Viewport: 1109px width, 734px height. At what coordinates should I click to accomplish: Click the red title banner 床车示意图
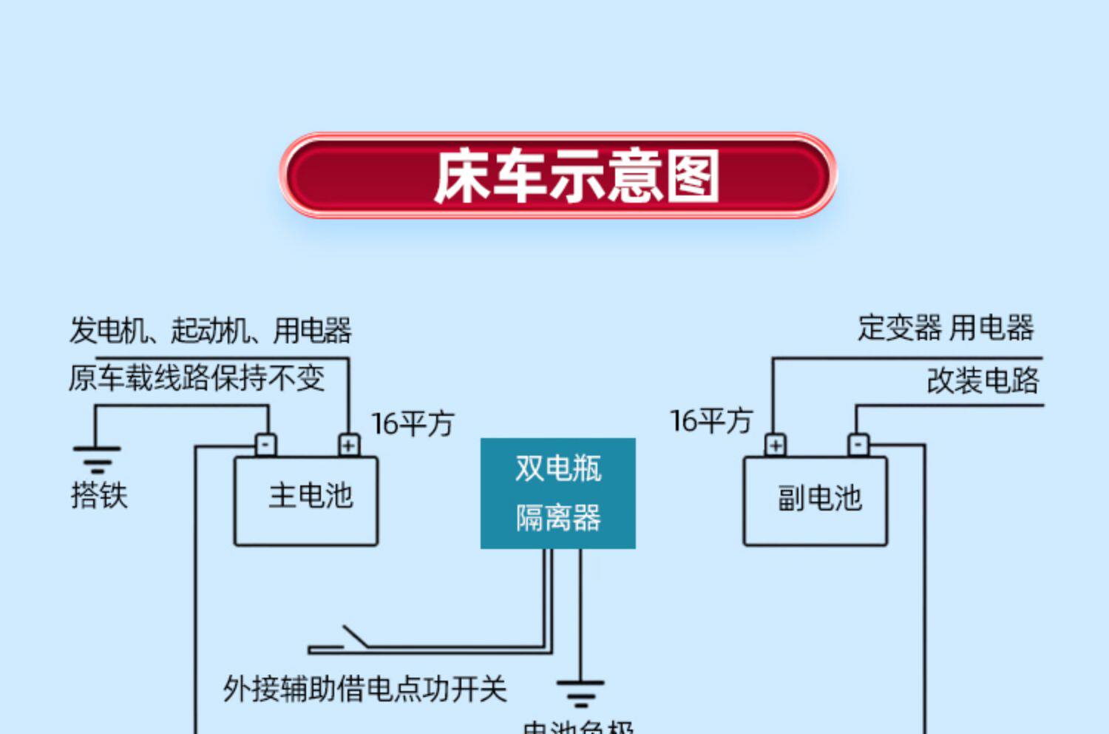[x=558, y=176]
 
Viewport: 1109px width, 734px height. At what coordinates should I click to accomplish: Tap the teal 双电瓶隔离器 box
[x=558, y=494]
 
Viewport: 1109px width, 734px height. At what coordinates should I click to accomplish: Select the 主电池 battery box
[x=306, y=501]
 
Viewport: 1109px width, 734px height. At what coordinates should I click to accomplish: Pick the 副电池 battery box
[x=815, y=501]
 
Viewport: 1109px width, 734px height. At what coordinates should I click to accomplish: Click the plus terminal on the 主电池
[x=348, y=445]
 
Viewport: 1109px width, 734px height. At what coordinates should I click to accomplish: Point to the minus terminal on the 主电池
[x=265, y=445]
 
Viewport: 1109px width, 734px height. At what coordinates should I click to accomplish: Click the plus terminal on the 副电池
[x=775, y=445]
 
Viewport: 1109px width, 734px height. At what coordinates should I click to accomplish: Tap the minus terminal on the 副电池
[x=858, y=445]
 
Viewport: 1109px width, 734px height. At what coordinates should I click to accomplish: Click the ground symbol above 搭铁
[x=97, y=459]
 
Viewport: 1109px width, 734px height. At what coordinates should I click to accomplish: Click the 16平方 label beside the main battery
[x=412, y=424]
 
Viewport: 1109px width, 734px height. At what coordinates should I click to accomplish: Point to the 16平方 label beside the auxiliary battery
[x=710, y=421]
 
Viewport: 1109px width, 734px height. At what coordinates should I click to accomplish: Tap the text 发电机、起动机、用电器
[x=211, y=330]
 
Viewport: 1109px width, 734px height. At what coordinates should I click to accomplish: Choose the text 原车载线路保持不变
[x=197, y=378]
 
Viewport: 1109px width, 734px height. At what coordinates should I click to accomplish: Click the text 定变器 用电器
[x=946, y=328]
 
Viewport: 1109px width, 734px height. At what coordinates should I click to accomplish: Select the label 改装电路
[x=983, y=380]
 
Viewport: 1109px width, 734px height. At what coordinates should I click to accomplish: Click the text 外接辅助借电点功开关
[x=365, y=689]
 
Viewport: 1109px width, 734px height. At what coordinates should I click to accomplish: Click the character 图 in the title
[x=693, y=176]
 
